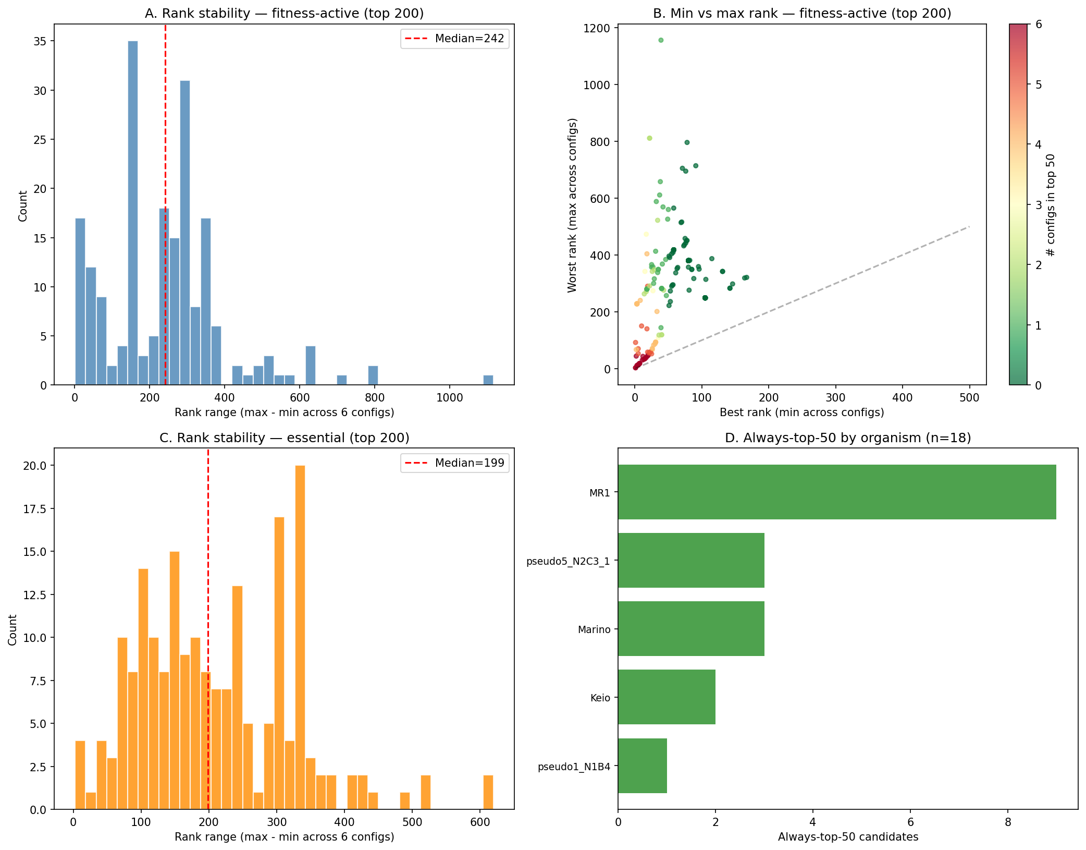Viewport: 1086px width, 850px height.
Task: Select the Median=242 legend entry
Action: pyautogui.click(x=454, y=39)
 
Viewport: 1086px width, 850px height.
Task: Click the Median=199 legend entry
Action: pyautogui.click(x=454, y=463)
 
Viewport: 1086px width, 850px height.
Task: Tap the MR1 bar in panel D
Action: pyautogui.click(x=836, y=492)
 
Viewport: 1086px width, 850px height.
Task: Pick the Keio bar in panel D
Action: pyautogui.click(x=667, y=697)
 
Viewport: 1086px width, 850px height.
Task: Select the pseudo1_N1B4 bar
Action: pyautogui.click(x=642, y=766)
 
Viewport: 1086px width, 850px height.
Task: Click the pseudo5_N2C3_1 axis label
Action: pyautogui.click(x=568, y=561)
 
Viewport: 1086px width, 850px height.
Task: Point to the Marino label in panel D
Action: pyautogui.click(x=594, y=629)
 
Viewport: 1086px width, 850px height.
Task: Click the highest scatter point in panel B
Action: pyautogui.click(x=661, y=40)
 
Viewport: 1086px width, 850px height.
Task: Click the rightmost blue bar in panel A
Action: pyautogui.click(x=488, y=380)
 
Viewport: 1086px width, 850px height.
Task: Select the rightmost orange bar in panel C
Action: pyautogui.click(x=488, y=792)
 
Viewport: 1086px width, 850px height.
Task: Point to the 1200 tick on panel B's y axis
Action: pyautogui.click(x=597, y=28)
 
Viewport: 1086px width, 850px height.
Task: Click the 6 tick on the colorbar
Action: pyautogui.click(x=1039, y=25)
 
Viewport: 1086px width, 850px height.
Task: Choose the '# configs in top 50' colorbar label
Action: pyautogui.click(x=1051, y=205)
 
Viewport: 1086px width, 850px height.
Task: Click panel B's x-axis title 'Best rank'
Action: pyautogui.click(x=801, y=412)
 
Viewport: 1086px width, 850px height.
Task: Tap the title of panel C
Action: pyautogui.click(x=284, y=438)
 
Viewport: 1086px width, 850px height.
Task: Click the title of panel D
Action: pyautogui.click(x=847, y=438)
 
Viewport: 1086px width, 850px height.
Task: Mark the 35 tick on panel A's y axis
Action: pyautogui.click(x=40, y=41)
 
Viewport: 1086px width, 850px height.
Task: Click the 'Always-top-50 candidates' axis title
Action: pyautogui.click(x=848, y=837)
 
